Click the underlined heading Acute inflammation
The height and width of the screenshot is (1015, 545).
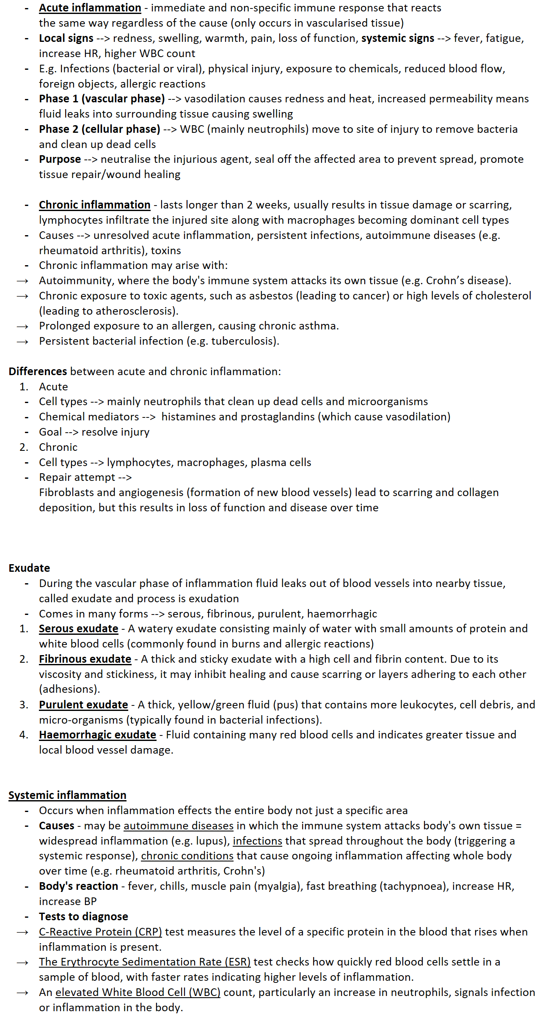[90, 8]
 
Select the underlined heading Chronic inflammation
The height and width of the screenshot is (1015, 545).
[94, 205]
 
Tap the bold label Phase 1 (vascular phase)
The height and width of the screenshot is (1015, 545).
[102, 99]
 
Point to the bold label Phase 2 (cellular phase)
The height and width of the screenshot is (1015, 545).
[99, 129]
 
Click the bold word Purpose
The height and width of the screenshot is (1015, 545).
[60, 159]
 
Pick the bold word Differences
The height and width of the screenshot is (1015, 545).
[38, 372]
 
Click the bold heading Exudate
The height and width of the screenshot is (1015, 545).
[29, 568]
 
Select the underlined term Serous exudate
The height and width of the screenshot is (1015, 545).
[78, 629]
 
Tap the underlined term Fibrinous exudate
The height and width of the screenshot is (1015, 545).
[85, 659]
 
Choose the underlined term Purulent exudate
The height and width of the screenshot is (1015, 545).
[83, 705]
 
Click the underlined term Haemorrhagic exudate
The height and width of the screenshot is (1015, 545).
[97, 735]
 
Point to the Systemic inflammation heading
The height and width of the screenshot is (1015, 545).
[67, 796]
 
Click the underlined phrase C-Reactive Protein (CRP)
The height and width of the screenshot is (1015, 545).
[100, 932]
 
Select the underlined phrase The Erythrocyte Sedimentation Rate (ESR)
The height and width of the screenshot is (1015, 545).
[145, 962]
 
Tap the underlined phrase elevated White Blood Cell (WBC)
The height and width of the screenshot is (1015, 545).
[138, 993]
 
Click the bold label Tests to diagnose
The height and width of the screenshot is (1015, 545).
[83, 916]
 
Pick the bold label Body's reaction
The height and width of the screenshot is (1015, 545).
[78, 886]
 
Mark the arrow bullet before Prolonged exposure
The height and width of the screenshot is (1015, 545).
[22, 326]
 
